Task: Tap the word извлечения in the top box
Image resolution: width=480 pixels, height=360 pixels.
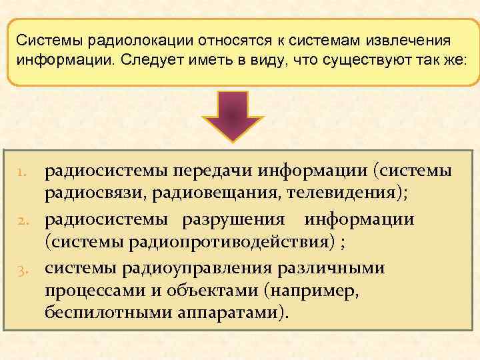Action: [403, 41]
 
